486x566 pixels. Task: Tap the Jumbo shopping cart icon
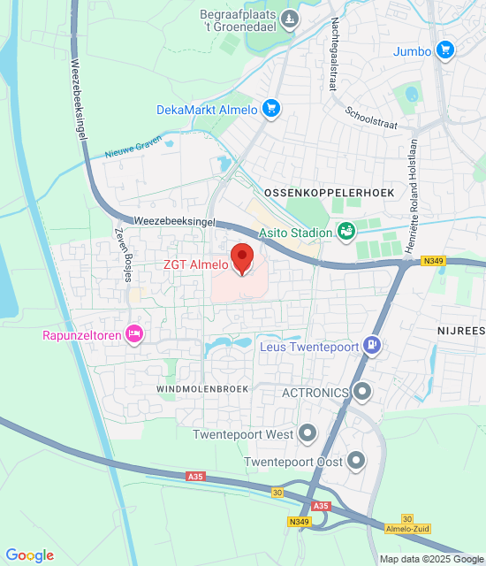pos(445,50)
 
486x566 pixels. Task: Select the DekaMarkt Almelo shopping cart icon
pos(270,110)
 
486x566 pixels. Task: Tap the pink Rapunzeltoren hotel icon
pos(134,334)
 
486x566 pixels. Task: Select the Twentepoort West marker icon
pos(308,434)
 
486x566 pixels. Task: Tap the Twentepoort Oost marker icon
pos(356,460)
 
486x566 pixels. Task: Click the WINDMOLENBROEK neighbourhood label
pos(202,388)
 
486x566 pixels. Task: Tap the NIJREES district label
pos(459,331)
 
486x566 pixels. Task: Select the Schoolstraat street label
pos(371,116)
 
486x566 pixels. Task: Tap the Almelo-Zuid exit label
pos(408,528)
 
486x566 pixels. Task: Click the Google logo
pos(29,555)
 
